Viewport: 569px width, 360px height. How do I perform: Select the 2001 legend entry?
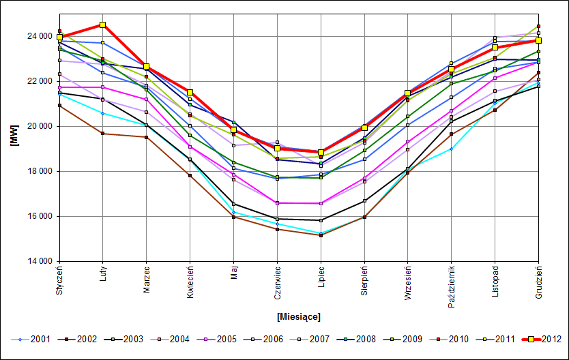click(x=40, y=339)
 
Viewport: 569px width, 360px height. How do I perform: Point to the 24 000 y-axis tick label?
click(x=38, y=36)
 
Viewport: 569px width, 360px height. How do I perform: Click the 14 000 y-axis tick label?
click(x=38, y=262)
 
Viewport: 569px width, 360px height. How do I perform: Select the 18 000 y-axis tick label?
click(x=38, y=171)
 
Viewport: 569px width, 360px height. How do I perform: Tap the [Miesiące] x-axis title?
click(x=298, y=316)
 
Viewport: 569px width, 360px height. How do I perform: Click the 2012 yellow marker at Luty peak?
click(x=103, y=25)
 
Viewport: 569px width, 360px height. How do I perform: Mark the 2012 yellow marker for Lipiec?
click(x=321, y=152)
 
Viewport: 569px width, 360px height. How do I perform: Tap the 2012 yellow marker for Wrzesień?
click(x=408, y=93)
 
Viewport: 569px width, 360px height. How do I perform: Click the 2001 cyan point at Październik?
click(x=452, y=149)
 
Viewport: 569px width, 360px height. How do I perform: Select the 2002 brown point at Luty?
click(x=103, y=134)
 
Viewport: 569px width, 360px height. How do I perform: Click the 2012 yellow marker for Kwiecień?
click(x=190, y=92)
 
